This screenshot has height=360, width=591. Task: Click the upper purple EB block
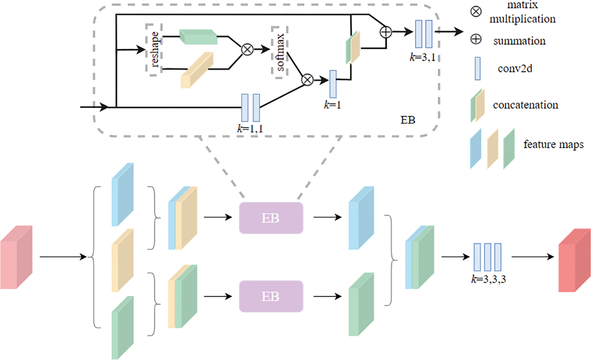271,218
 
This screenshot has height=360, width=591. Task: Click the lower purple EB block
271,296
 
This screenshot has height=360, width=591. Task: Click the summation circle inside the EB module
386,32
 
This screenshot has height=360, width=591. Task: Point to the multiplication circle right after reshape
247,49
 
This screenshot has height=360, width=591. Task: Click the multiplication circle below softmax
307,80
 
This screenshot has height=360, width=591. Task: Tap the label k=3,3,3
489,279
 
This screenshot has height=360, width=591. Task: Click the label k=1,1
250,128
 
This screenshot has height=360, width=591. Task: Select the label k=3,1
422,57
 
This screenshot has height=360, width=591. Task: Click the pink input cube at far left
17,257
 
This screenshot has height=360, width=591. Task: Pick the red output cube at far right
574,260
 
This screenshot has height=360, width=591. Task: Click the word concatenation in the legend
526,105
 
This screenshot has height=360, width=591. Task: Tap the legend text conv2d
515,69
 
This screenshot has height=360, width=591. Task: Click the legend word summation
520,41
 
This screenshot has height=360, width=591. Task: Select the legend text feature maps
554,145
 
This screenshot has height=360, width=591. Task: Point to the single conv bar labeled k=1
333,84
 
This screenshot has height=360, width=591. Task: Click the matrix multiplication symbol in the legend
476,11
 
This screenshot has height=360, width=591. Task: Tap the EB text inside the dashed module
408,120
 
